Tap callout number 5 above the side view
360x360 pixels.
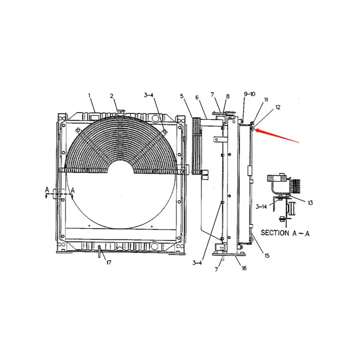pos(182,96)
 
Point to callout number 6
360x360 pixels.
pos(197,97)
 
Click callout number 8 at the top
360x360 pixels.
pos(228,96)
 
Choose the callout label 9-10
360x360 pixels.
pos(249,94)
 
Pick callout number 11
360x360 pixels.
pos(266,99)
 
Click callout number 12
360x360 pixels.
pos(278,107)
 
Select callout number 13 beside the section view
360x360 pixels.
pos(310,202)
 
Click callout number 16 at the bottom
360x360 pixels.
pos(243,268)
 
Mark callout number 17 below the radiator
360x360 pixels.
pos(108,263)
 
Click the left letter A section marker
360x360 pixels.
pos(47,190)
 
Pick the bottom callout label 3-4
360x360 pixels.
pos(198,263)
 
